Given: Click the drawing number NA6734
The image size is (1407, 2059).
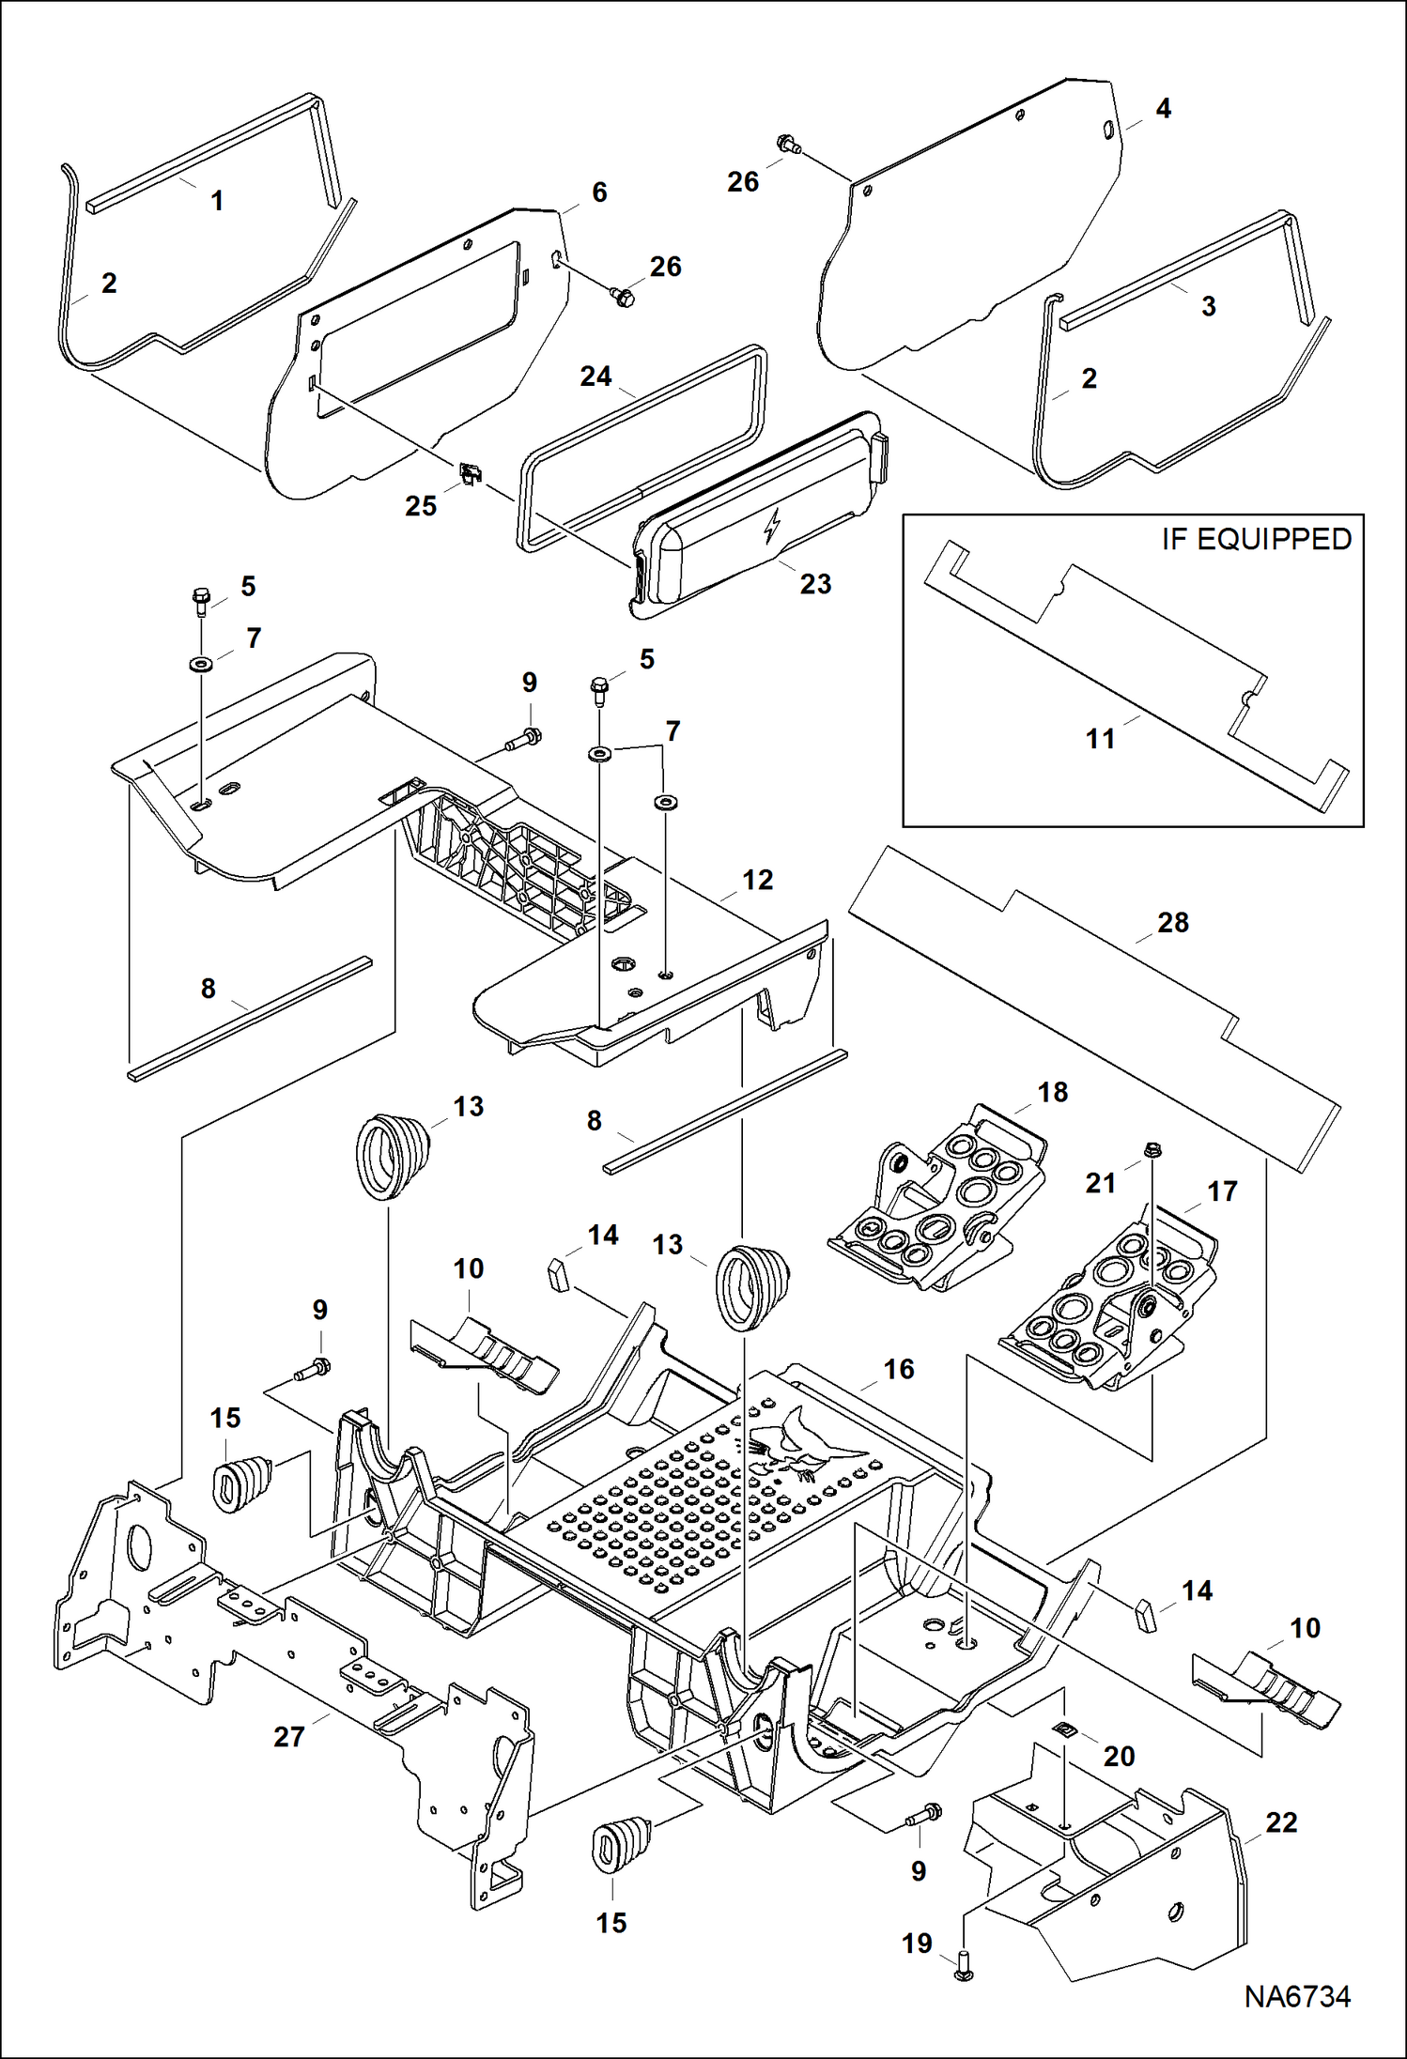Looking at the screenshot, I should [x=1297, y=1996].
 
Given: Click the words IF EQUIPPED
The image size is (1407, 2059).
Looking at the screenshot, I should [x=1256, y=539].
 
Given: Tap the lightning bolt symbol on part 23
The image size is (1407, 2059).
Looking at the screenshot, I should [x=772, y=526].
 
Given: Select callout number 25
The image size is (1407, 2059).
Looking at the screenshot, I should [x=421, y=506].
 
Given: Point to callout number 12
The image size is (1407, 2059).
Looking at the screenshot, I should [x=757, y=880].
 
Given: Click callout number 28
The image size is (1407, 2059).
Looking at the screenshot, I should [x=1173, y=922].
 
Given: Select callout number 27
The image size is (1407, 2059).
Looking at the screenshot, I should [x=289, y=1736].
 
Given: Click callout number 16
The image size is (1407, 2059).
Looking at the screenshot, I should [x=899, y=1369].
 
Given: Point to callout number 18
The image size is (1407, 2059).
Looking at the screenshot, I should [x=1053, y=1092].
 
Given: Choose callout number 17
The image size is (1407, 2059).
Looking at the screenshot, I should [x=1222, y=1191].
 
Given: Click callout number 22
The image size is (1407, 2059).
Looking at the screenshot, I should [x=1281, y=1822].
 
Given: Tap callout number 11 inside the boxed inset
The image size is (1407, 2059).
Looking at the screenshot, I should [x=1100, y=739].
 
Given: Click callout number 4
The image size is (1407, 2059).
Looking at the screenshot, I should [x=1163, y=109].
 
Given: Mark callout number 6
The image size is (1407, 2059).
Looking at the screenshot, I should [x=599, y=192].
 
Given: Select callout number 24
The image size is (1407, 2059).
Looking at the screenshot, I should [x=595, y=376].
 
